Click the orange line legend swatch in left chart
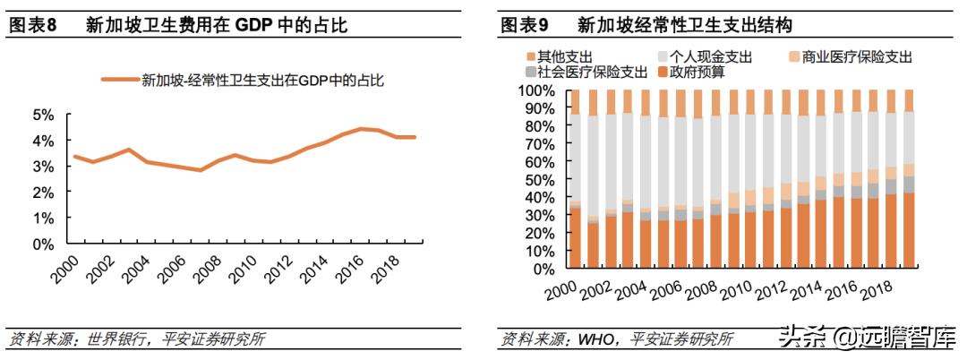(x=119, y=81)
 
